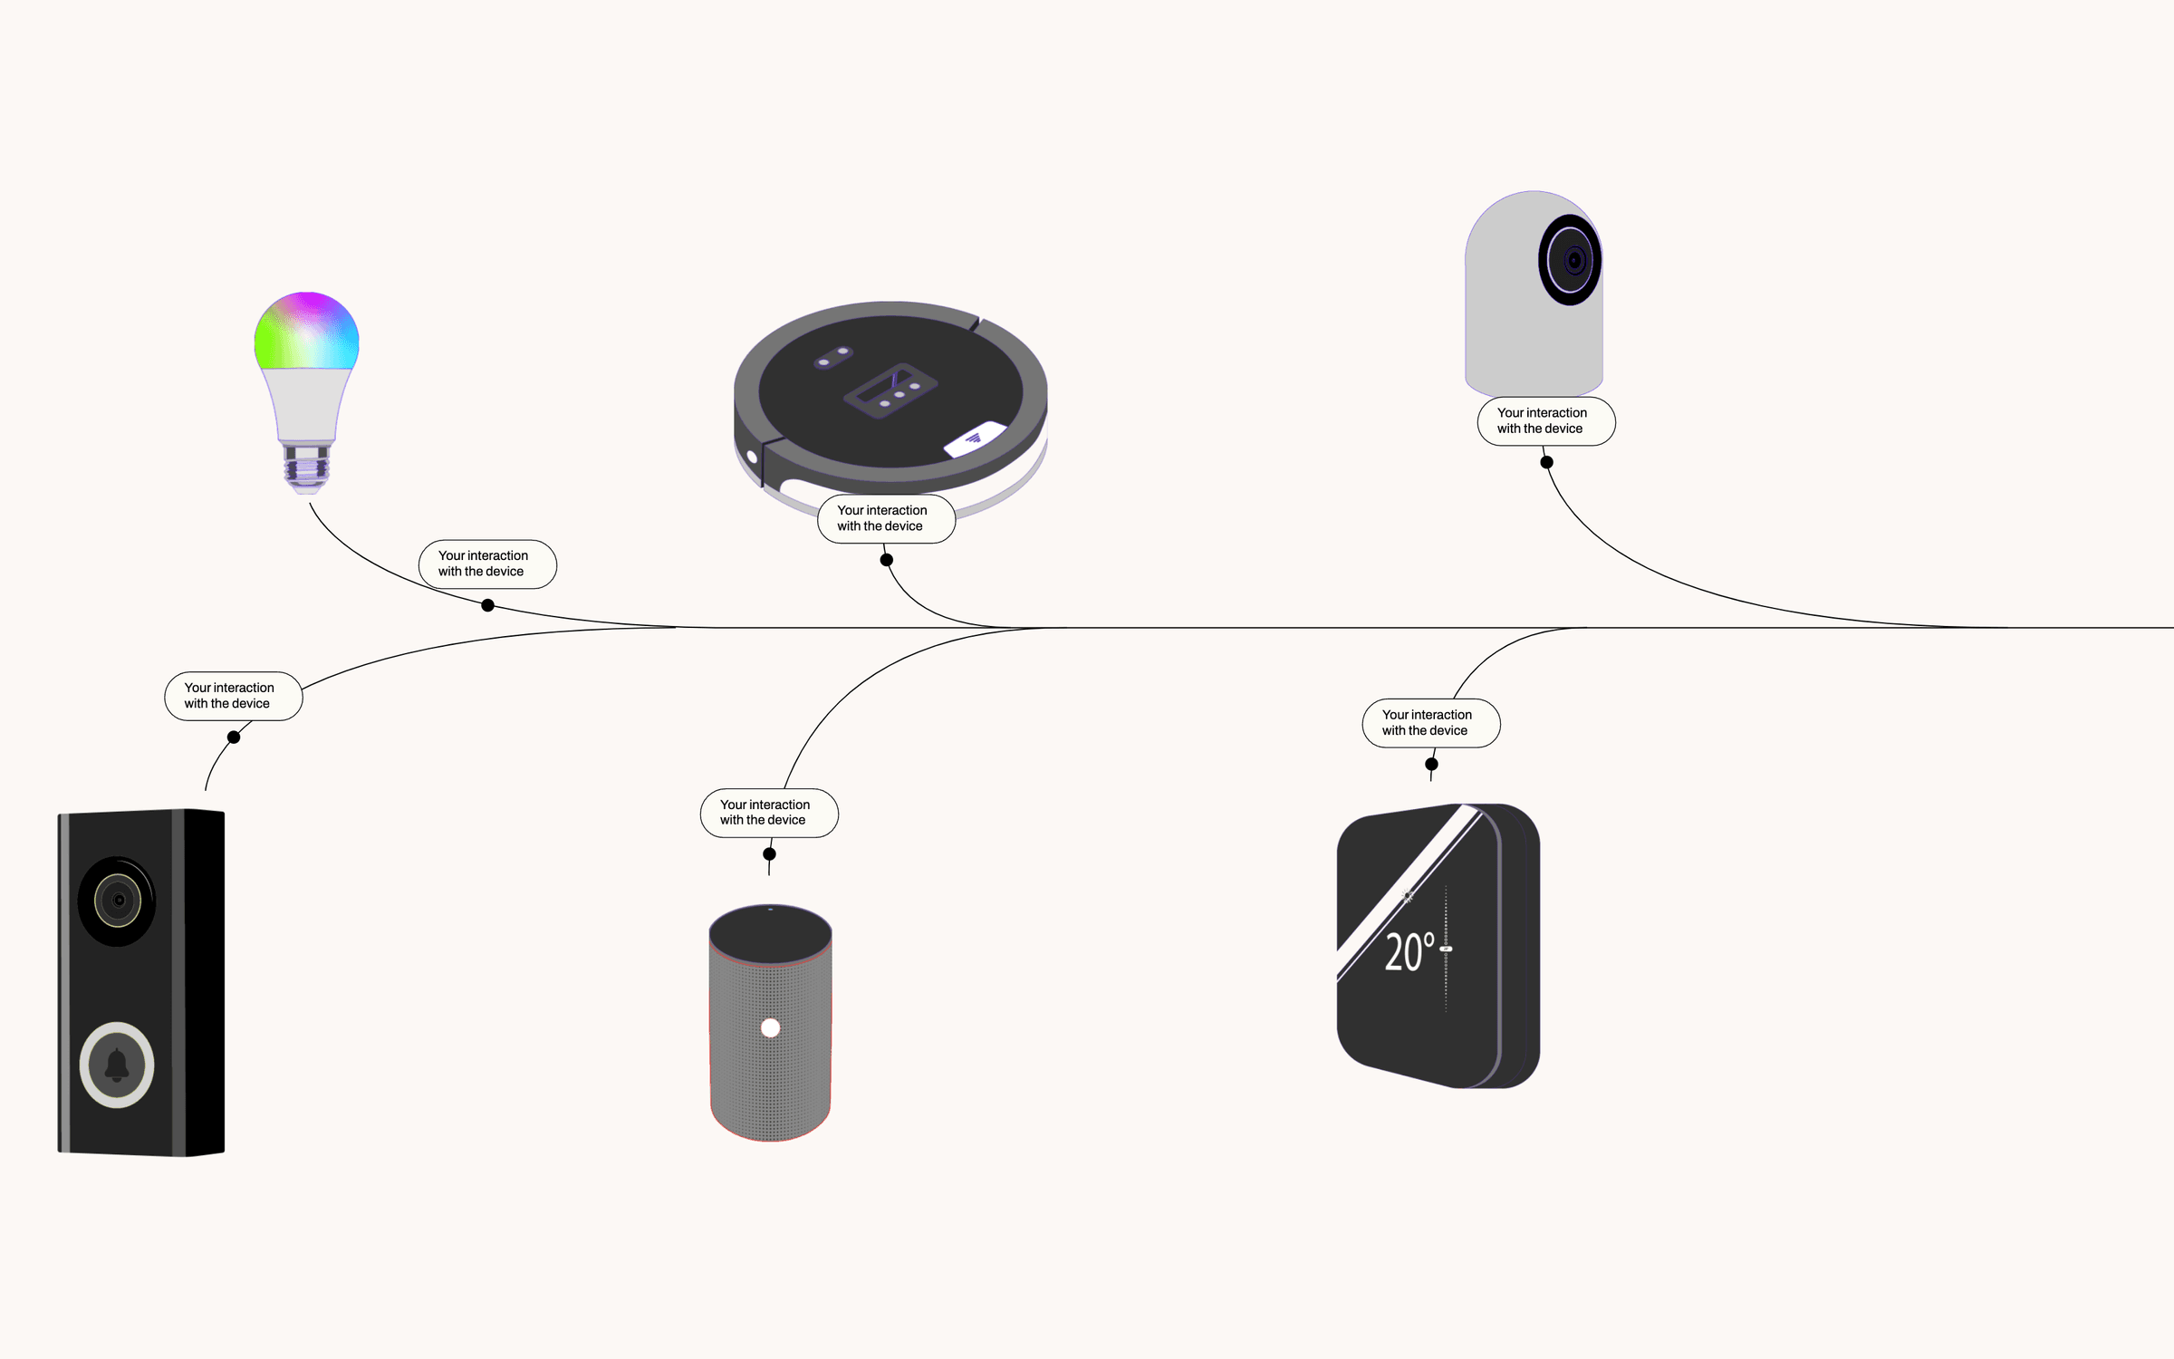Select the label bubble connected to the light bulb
tap(487, 564)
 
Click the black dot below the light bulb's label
tap(487, 605)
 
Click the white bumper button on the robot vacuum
tap(975, 439)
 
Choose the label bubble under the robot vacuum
tap(886, 518)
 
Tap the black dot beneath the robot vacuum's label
tap(887, 560)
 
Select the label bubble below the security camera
tap(1545, 421)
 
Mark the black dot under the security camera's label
tap(1547, 462)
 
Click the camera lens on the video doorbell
tap(118, 901)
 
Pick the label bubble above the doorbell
tap(233, 696)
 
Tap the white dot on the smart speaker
tap(770, 1027)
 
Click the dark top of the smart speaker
tap(770, 933)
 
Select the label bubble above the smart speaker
tap(769, 813)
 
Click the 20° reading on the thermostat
tap(1409, 953)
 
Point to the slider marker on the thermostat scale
tap(1446, 949)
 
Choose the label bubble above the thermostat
tap(1430, 723)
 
